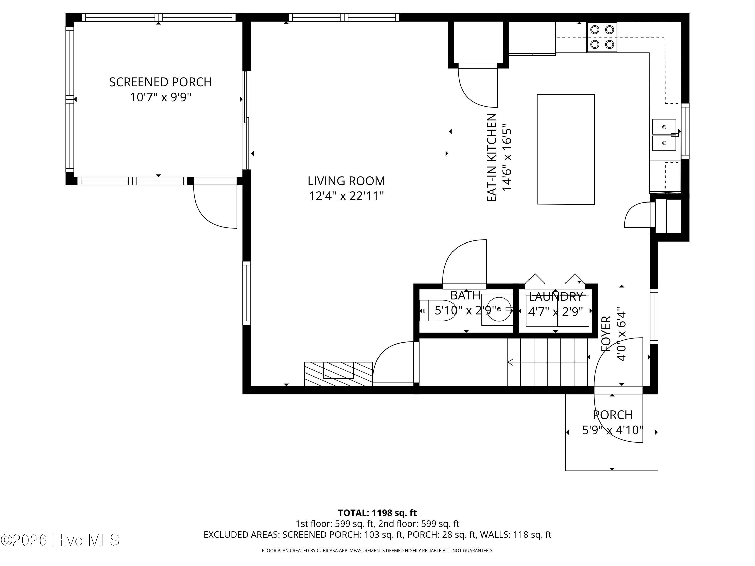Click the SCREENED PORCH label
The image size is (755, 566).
[160, 82]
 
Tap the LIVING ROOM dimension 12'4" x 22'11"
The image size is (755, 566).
[346, 196]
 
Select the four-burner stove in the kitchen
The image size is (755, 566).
[602, 37]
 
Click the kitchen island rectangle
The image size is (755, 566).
[565, 149]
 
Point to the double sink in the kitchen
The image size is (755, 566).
[664, 135]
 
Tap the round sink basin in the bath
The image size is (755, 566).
[499, 309]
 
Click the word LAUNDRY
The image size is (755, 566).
[556, 297]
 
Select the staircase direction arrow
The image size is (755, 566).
[511, 362]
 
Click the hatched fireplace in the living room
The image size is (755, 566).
[338, 374]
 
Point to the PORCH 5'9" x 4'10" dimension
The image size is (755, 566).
[612, 430]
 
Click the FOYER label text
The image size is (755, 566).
[606, 334]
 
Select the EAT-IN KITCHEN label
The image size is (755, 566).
[492, 158]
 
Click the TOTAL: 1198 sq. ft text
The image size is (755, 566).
[377, 513]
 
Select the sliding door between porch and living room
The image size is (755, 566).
[247, 120]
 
